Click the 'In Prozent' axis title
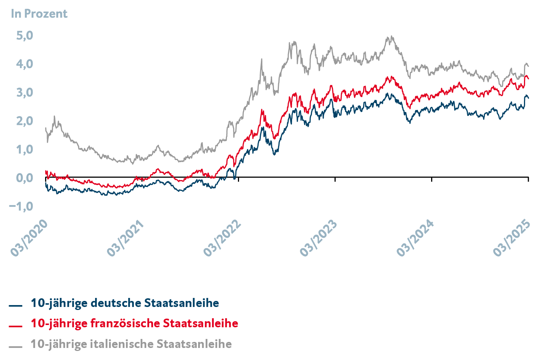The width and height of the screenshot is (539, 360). (39, 14)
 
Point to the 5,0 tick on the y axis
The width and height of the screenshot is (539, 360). (24, 36)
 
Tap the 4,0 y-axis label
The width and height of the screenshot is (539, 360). (24, 64)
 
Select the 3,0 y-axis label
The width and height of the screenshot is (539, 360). (24, 93)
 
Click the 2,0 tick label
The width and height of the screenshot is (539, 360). (24, 121)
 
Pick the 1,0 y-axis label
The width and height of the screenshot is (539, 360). (24, 149)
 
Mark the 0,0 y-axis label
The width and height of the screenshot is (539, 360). (24, 178)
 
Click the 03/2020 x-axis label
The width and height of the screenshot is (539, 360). (30, 238)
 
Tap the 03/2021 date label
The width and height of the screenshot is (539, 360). (126, 238)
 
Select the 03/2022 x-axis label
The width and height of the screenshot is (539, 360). (223, 238)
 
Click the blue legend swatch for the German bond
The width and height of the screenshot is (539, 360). (15, 306)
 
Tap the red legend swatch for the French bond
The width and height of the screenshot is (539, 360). (15, 326)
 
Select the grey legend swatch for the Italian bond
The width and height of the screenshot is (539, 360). (15, 346)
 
